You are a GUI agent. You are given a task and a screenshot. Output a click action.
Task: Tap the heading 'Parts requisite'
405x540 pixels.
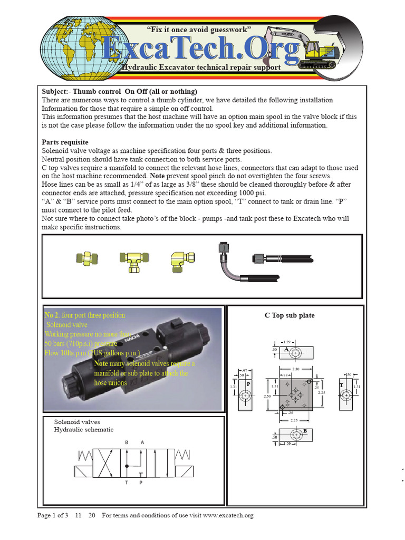point(65,142)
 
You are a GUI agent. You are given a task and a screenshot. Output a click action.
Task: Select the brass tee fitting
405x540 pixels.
point(131,260)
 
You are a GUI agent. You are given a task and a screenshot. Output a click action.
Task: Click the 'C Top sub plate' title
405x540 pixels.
point(290,315)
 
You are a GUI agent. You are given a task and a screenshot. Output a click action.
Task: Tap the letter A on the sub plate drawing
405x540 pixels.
point(286,350)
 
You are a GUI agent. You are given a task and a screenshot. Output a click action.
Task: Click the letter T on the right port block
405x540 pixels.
point(342,385)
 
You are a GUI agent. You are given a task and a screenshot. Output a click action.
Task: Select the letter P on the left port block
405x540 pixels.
point(248,384)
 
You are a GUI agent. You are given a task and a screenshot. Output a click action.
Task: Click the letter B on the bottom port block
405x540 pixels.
point(305,431)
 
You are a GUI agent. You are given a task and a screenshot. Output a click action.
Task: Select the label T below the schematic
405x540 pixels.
point(126,482)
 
